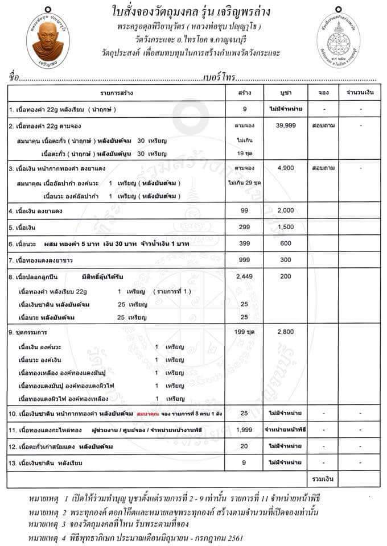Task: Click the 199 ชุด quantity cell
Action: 244,330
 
